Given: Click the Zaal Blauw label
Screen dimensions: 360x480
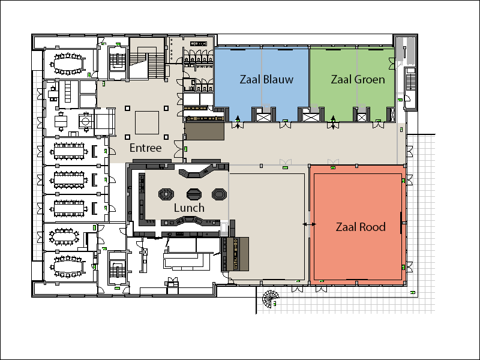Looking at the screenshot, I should click(266, 80).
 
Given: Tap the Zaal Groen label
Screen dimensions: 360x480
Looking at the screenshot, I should click(358, 80).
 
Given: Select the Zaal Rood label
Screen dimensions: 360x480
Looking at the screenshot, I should click(360, 227).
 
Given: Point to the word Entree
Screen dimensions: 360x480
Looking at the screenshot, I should click(146, 148).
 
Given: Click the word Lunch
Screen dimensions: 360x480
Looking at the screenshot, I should click(189, 208).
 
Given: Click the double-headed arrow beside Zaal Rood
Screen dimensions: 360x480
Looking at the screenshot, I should click(310, 224).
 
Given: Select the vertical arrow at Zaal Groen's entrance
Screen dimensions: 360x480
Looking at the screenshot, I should click(334, 122).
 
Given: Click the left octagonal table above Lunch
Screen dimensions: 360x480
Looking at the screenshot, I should click(166, 194).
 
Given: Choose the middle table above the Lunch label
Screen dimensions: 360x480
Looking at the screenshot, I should click(194, 194).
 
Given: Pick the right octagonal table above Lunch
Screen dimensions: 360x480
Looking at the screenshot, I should click(220, 194).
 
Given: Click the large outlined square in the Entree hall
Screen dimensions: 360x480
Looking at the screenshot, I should click(146, 122).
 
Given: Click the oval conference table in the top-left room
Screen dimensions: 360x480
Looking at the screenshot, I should click(66, 61).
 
